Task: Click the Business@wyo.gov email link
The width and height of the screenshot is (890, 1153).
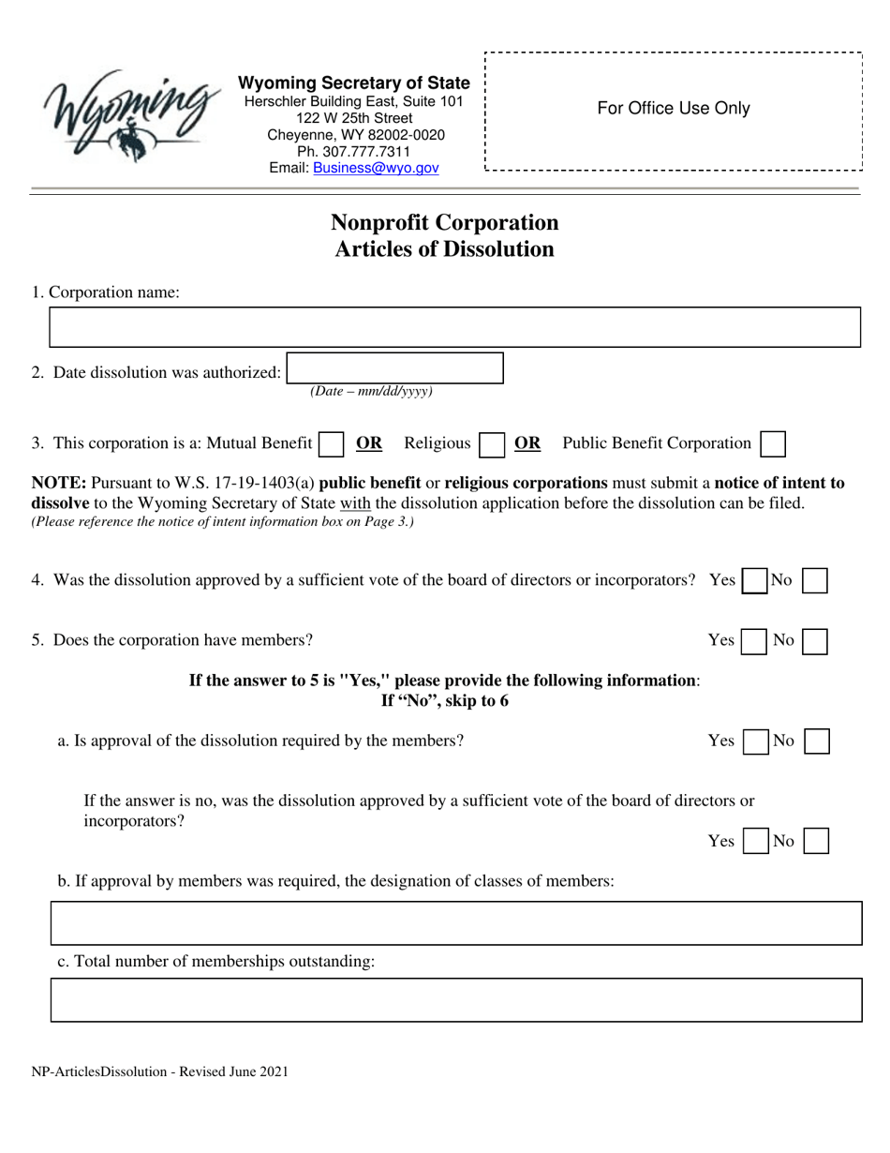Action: coord(375,168)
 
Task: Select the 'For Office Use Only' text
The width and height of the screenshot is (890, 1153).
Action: coord(673,109)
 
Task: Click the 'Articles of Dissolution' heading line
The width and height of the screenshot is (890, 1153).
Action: coord(444,249)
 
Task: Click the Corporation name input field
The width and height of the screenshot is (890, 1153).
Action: coord(453,328)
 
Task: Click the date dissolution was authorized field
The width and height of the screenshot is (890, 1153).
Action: coord(394,368)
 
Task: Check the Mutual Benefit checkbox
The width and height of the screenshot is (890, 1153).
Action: coord(331,443)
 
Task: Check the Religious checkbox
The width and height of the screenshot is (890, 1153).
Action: coord(490,443)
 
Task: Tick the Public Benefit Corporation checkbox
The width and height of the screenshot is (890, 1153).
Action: coord(773,443)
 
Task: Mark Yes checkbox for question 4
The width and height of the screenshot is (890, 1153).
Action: coord(753,581)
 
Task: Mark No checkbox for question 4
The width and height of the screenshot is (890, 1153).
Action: coord(816,581)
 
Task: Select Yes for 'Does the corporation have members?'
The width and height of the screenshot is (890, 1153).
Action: coord(752,641)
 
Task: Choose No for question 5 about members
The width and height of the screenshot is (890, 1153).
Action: coord(816,641)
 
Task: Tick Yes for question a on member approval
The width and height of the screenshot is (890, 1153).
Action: coord(752,741)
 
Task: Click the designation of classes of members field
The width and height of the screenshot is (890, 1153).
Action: coord(455,922)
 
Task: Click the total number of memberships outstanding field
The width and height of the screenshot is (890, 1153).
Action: coord(455,999)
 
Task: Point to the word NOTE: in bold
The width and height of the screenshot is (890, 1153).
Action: coord(59,484)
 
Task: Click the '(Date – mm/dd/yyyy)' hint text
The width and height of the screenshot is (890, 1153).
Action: coord(371,392)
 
